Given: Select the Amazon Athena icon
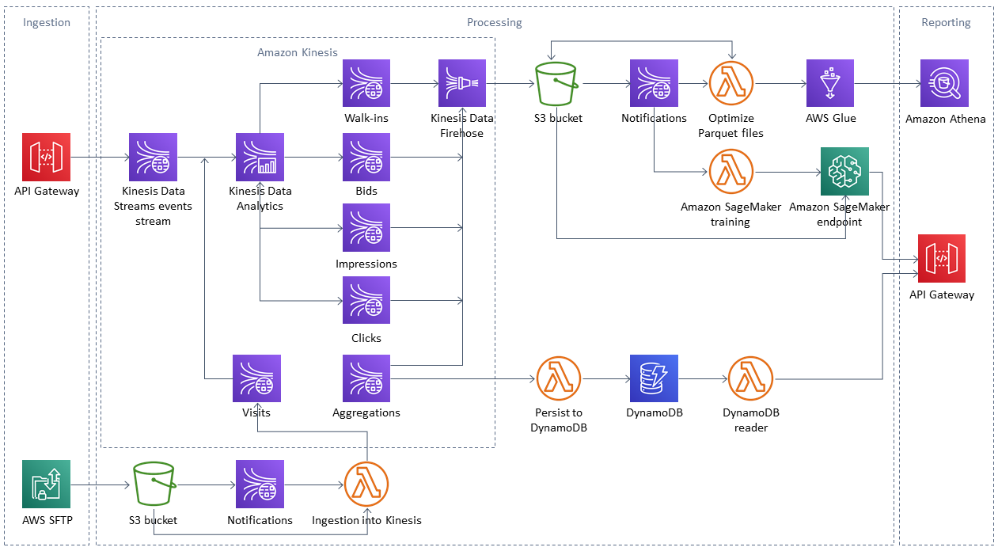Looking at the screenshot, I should pos(944,83).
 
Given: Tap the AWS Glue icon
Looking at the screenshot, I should pos(829,83).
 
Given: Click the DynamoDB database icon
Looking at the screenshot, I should pos(654,378).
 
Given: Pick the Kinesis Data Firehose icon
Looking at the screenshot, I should pos(462,83).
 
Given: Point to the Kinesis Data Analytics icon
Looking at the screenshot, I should pos(260,157).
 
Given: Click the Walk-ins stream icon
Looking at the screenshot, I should pos(366,83).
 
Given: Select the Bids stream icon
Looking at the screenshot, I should pos(366,157).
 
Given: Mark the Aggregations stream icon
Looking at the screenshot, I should pos(366,378).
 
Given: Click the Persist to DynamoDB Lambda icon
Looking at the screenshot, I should pos(559,378).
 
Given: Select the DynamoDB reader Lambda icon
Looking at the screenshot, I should pos(750,378).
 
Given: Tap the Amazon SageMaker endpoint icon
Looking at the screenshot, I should pos(844,171).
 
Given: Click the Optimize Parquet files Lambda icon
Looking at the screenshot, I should pos(731,83).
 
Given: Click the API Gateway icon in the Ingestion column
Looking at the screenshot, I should pos(47,157).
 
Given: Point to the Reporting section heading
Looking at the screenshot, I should pos(946,22).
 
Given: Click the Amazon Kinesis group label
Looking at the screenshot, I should pos(298,52).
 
